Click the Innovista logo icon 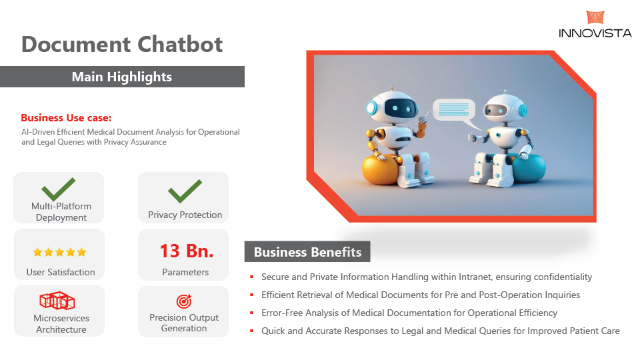point(595,17)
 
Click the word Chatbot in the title point(179,44)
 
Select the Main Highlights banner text point(121,77)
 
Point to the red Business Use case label point(66,118)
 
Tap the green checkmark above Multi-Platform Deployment point(59,189)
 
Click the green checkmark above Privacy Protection point(185,191)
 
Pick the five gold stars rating point(59,252)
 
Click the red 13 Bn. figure point(187,251)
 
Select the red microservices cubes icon point(57,301)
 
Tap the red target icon point(184,301)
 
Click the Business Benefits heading point(308,252)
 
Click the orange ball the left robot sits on point(379,169)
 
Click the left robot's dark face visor point(401,109)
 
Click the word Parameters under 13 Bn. point(185,272)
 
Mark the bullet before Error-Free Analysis point(252,313)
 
